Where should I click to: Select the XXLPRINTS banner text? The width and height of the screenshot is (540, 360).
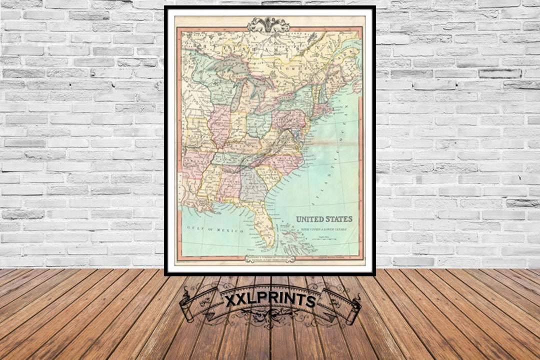point(269,300)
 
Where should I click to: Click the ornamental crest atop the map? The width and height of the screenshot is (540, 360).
point(269,24)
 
